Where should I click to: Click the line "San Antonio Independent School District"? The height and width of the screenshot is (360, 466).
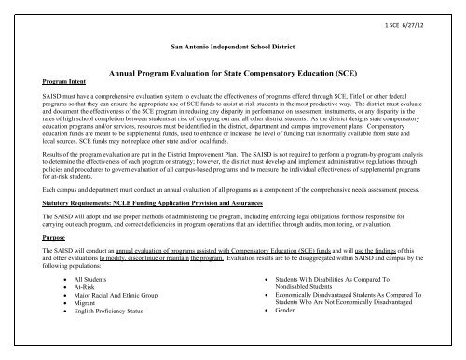[x=232, y=45]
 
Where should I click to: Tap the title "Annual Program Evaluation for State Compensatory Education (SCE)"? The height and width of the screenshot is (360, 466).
[x=233, y=71]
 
